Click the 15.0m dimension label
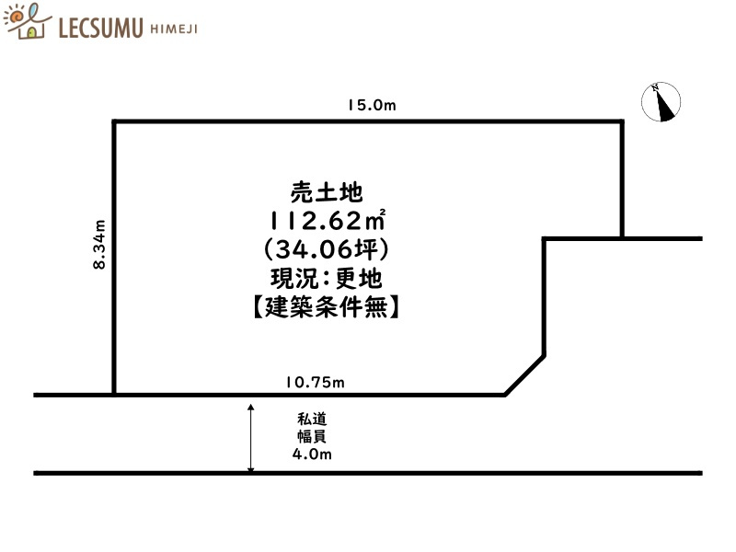point(371,106)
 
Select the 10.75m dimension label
point(315,382)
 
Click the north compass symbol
point(663,102)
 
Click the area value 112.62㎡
point(328,221)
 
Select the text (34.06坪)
point(328,248)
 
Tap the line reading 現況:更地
point(328,277)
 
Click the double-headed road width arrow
point(251,438)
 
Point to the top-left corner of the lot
point(114,121)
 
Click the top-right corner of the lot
point(622,121)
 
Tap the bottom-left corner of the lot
point(114,395)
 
